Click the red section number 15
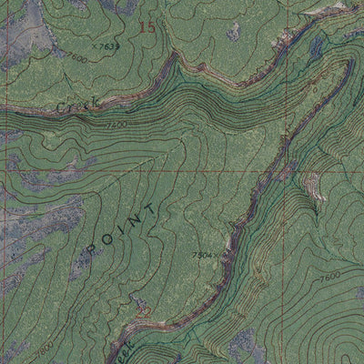(147, 27)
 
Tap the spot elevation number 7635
(107, 45)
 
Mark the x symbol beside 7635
(94, 45)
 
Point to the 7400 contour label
(116, 125)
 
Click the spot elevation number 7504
(203, 256)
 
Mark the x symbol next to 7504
(219, 258)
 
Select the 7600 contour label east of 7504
(329, 276)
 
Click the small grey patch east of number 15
(235, 32)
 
